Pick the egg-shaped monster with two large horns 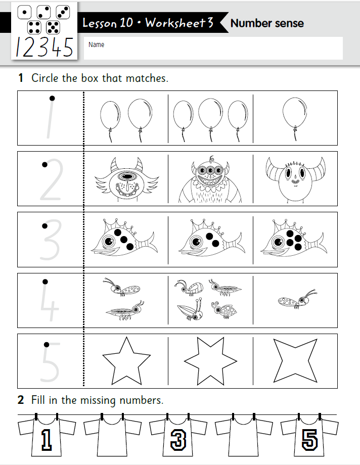pos(295,179)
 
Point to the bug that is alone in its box pos(296,301)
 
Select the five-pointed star pos(126,360)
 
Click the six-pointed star pos(210,361)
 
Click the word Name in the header pos(96,44)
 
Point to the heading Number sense pos(266,23)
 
